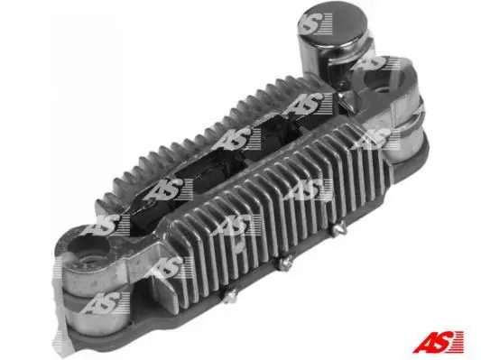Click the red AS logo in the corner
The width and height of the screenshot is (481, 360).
(x=439, y=342)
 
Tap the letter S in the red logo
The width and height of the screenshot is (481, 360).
(x=441, y=342)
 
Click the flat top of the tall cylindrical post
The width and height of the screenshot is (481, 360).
(x=335, y=24)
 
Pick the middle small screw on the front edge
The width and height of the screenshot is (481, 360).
(x=285, y=263)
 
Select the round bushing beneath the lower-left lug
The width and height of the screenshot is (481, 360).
(x=95, y=309)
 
